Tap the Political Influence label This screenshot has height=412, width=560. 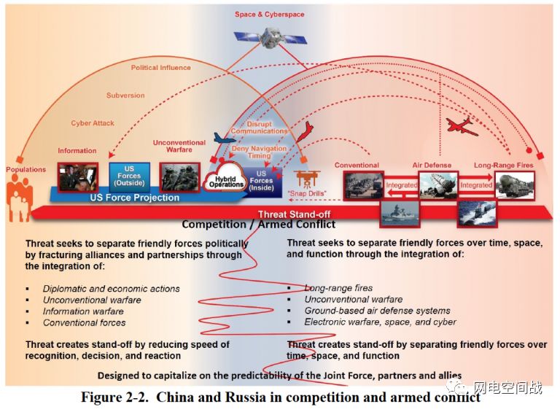(x=161, y=68)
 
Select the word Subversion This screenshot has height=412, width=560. (x=125, y=96)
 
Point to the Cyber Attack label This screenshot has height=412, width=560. (x=93, y=123)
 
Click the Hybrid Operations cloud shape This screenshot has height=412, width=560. (x=226, y=181)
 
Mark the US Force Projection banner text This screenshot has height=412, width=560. (x=134, y=198)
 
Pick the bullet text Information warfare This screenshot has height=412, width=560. (x=83, y=311)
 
